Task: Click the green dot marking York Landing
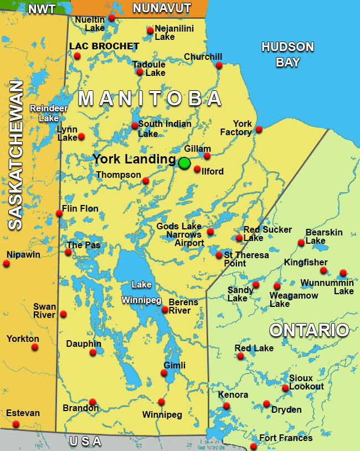pyautogui.click(x=184, y=163)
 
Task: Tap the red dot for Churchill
pyautogui.click(x=219, y=65)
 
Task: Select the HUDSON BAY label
pyautogui.click(x=287, y=54)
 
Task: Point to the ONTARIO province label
pyautogui.click(x=309, y=331)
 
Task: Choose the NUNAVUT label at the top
pyautogui.click(x=162, y=8)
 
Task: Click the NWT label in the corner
pyautogui.click(x=42, y=9)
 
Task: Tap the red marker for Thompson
pyautogui.click(x=146, y=181)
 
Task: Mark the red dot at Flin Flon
pyautogui.click(x=59, y=213)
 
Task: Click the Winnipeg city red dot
pyautogui.click(x=161, y=402)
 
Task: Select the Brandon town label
pyautogui.click(x=81, y=409)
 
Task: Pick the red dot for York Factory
pyautogui.click(x=259, y=130)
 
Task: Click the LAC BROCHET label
pyautogui.click(x=104, y=47)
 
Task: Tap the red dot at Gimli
pyautogui.click(x=164, y=373)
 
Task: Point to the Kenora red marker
pyautogui.click(x=227, y=406)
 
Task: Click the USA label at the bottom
pyautogui.click(x=85, y=442)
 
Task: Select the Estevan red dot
pyautogui.click(x=16, y=424)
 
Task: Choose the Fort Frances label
pyautogui.click(x=286, y=438)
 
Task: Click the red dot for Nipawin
pyautogui.click(x=7, y=264)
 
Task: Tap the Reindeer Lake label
pyautogui.click(x=44, y=113)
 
